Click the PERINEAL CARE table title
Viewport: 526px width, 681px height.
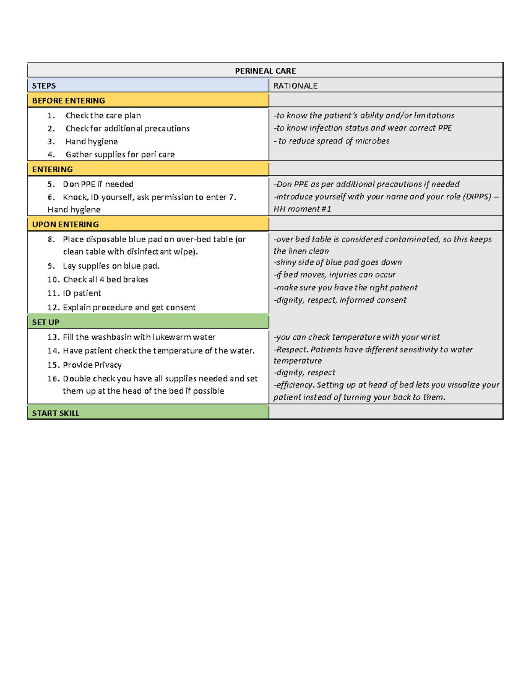point(265,71)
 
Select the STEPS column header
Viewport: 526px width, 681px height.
point(44,86)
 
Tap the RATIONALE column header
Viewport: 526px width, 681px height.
point(295,86)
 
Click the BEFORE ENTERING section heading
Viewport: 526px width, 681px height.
point(68,101)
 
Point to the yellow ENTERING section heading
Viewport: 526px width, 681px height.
point(52,169)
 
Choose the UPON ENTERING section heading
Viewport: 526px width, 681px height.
point(65,225)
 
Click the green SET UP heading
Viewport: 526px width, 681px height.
point(46,322)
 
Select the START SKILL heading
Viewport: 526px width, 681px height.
point(56,413)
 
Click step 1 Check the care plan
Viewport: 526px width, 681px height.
point(103,116)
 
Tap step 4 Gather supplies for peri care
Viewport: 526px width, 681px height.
point(120,154)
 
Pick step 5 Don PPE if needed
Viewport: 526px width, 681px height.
point(98,184)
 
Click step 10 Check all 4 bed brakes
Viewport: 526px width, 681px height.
point(105,280)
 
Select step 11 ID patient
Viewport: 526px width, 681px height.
point(82,293)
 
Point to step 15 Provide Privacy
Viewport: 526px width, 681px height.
point(92,365)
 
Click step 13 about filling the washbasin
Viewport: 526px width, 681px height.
point(139,337)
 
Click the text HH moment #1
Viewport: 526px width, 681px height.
point(302,209)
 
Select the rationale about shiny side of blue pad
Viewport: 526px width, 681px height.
point(338,262)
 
